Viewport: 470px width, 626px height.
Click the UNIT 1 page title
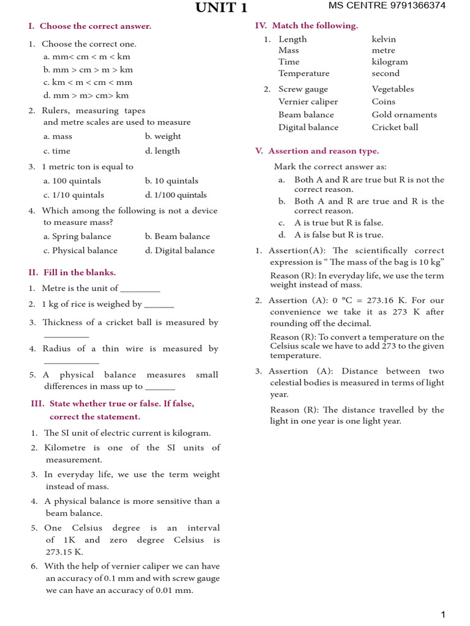(x=222, y=7)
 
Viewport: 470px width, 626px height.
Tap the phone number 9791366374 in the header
(x=417, y=6)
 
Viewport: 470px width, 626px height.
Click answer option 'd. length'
(x=163, y=151)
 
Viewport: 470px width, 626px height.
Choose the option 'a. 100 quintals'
(x=72, y=181)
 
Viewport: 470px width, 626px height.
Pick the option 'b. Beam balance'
(x=177, y=237)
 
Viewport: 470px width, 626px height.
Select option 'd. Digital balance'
(x=180, y=251)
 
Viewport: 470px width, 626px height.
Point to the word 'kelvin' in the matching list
(x=384, y=39)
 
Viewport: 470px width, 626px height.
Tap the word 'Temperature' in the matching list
(x=304, y=73)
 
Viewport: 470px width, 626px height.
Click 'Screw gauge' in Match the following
(x=303, y=89)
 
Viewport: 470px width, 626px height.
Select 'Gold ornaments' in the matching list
(x=404, y=115)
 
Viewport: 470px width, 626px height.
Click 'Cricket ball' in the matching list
(x=395, y=128)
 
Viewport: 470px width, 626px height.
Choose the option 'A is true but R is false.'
(x=338, y=223)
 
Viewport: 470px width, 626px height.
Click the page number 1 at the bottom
(x=443, y=614)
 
